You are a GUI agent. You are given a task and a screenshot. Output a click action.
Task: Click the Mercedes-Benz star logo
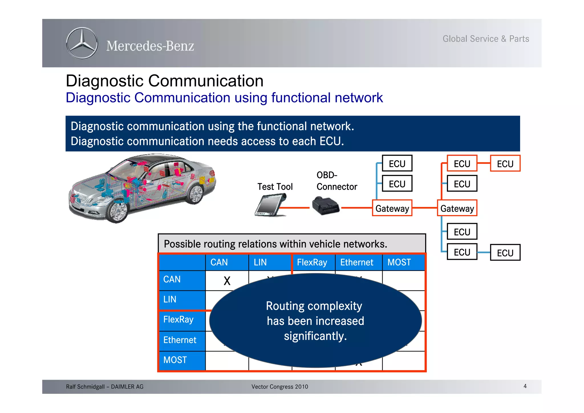tap(82, 43)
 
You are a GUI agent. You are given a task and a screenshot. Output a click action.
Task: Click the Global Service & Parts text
tap(486, 39)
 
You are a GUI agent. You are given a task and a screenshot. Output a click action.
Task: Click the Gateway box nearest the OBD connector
tap(392, 208)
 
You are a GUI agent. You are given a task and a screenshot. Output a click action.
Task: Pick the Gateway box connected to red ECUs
tap(457, 208)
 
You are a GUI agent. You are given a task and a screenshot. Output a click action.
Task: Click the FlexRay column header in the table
tap(312, 262)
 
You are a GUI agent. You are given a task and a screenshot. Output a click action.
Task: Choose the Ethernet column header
tap(356, 262)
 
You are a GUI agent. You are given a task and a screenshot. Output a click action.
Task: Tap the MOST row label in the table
tap(175, 360)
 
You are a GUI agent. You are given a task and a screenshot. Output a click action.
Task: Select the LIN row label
tap(170, 299)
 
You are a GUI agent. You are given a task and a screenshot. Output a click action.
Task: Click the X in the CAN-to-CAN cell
tap(227, 281)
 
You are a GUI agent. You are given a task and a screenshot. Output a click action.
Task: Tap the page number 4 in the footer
tap(525, 386)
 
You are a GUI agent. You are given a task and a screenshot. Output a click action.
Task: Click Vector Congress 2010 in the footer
tap(279, 387)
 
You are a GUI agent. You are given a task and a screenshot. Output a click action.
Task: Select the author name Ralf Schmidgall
tap(86, 387)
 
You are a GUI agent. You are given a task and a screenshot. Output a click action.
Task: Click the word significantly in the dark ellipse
tap(315, 336)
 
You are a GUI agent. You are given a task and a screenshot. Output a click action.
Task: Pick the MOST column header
tap(399, 262)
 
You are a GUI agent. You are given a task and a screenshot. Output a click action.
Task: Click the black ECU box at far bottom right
tap(505, 253)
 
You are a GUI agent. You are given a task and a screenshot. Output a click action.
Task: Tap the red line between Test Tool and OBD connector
tap(295, 208)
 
